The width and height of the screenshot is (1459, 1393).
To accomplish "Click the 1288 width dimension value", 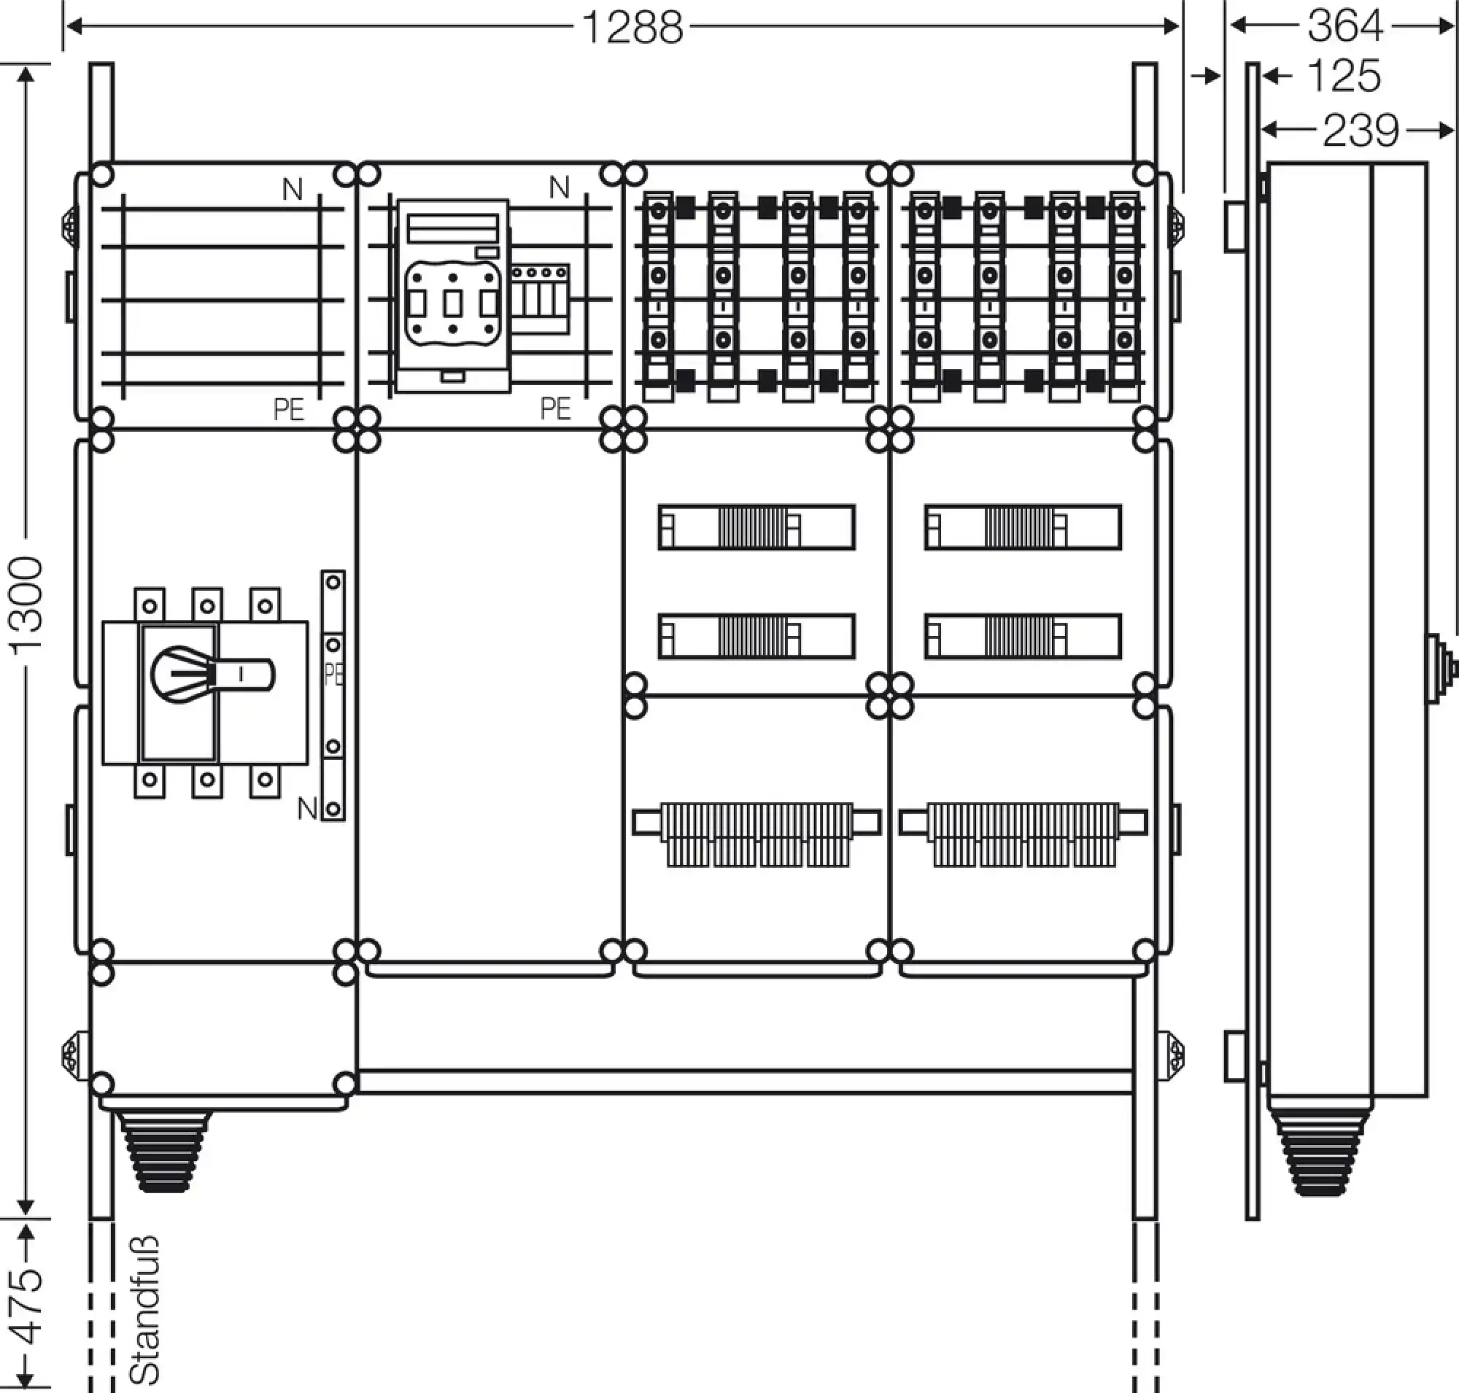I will click(x=632, y=28).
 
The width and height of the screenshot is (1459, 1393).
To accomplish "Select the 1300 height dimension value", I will click(x=27, y=605).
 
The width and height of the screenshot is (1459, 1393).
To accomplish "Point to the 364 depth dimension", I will click(x=1345, y=26).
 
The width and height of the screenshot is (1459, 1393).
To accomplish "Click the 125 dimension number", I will click(x=1342, y=76).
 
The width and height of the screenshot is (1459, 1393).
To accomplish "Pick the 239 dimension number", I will click(x=1361, y=131).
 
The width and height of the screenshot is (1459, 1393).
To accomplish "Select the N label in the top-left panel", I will click(x=292, y=190).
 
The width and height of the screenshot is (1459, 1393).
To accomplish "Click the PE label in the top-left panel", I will click(x=288, y=409).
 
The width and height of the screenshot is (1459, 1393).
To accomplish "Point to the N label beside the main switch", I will click(x=306, y=808).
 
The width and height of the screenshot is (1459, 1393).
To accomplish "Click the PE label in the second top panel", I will click(x=555, y=408).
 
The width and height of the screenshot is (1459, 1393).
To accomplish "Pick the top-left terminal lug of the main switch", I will click(x=150, y=605).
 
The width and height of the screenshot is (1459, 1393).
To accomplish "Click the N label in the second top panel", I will click(x=559, y=189).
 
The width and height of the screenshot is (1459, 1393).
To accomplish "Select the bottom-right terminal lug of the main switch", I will click(x=266, y=780).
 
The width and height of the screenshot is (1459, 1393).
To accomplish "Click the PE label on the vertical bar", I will click(x=333, y=674).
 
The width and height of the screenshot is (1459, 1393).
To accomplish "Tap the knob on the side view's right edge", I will click(x=1441, y=669).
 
